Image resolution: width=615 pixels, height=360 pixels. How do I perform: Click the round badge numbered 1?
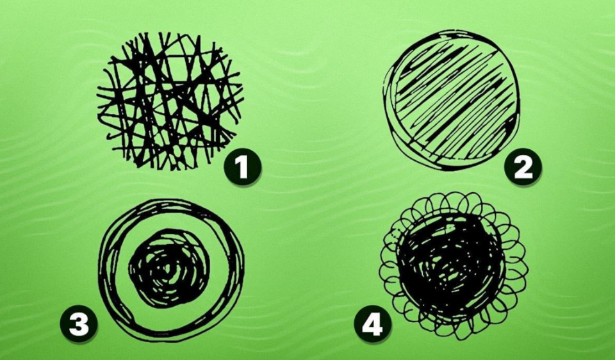(x=242, y=167)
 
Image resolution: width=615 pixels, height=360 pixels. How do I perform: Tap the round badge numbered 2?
(x=523, y=167)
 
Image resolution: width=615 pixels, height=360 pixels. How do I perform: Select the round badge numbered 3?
(x=78, y=323)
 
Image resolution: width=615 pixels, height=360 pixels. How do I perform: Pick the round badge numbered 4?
(x=373, y=323)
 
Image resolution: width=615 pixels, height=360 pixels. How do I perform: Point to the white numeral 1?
(x=242, y=167)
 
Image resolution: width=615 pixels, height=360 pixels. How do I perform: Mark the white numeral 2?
(x=523, y=167)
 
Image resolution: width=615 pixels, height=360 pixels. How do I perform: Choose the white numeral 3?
(x=78, y=324)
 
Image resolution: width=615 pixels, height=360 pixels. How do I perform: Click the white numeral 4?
(x=372, y=324)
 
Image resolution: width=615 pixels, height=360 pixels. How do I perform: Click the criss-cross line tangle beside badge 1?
(x=170, y=101)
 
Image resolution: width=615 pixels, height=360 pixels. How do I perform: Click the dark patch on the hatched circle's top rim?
(x=451, y=35)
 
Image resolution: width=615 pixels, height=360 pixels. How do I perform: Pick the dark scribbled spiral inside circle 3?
(x=169, y=269)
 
